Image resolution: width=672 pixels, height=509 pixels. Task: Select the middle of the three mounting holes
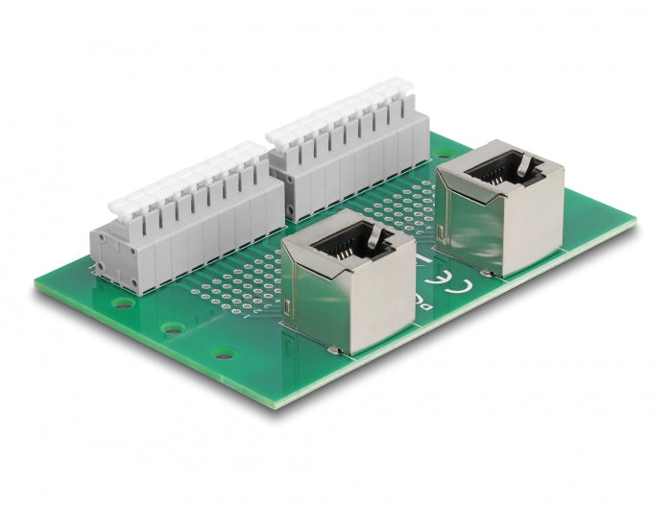(x=174, y=328)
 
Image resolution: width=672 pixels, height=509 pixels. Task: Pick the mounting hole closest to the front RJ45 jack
(x=225, y=354)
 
